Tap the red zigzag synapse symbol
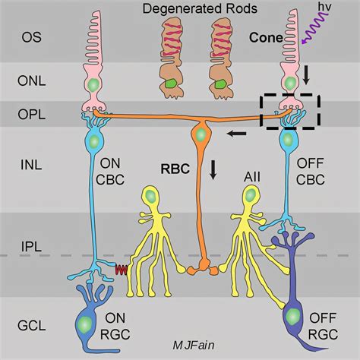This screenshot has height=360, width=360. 120,268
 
